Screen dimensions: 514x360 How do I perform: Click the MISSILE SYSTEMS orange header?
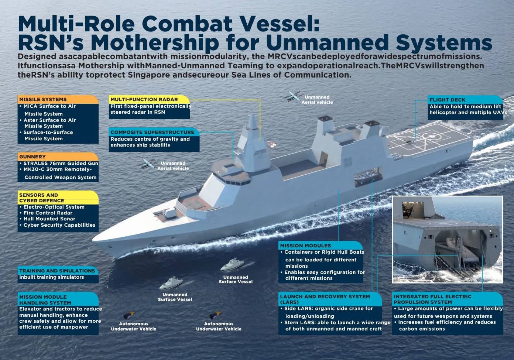click(x=58, y=99)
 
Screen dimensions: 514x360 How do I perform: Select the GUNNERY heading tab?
click(x=58, y=157)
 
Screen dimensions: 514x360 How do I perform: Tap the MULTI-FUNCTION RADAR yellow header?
click(x=149, y=99)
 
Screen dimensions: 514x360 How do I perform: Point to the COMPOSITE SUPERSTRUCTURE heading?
click(x=154, y=132)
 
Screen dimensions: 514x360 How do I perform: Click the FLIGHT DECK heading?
click(x=465, y=100)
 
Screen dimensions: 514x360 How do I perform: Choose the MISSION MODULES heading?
click(x=321, y=246)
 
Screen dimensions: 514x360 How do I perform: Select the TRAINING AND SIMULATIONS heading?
click(x=58, y=271)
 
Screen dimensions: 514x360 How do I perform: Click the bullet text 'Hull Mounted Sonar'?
click(x=49, y=219)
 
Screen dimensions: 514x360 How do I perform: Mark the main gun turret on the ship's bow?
click(x=170, y=213)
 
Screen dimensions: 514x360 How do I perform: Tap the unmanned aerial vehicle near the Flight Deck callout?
click(x=292, y=96)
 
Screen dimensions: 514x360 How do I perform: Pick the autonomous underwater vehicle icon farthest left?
click(x=129, y=315)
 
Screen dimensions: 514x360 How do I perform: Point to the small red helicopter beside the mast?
click(x=272, y=144)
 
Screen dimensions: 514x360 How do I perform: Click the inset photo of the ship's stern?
click(x=448, y=240)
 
